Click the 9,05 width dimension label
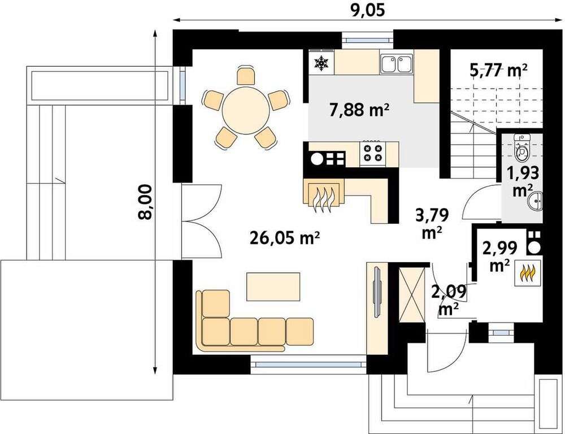[x=368, y=10]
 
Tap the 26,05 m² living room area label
[x=284, y=238]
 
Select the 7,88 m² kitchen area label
[x=359, y=110]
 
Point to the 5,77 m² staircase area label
[x=499, y=70]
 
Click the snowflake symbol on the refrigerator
[x=321, y=63]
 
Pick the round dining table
[x=246, y=110]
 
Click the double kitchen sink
[x=397, y=64]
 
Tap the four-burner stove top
[x=373, y=152]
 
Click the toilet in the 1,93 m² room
[x=521, y=148]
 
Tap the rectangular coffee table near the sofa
[x=273, y=287]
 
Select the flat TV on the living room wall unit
[x=377, y=292]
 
